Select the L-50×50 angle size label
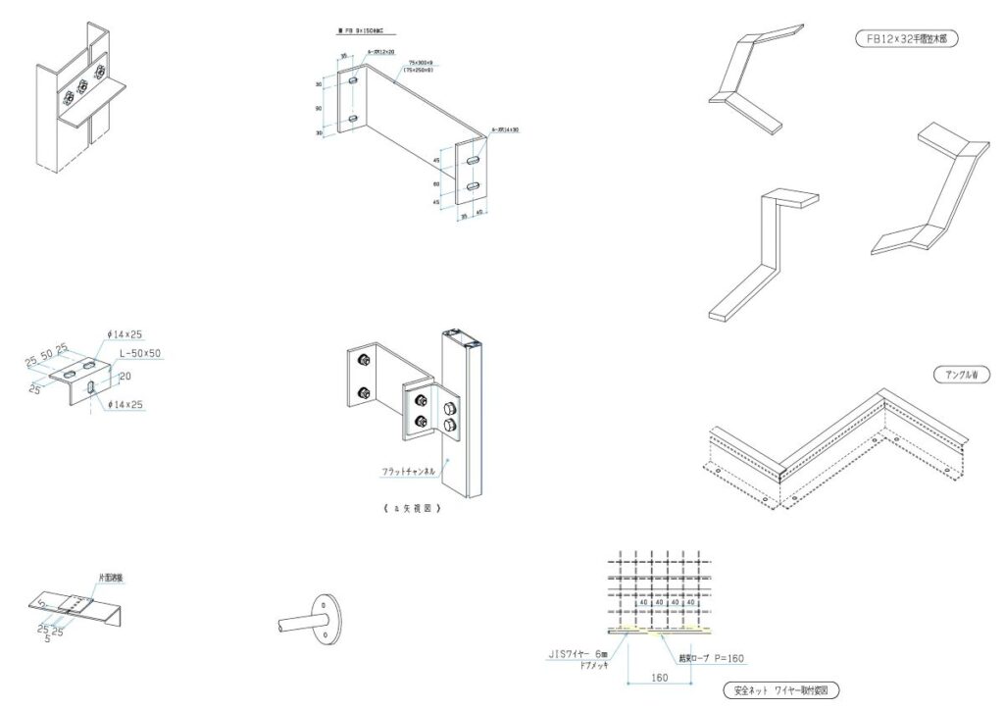[x=140, y=353]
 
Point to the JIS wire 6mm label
[x=577, y=653]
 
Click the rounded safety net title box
[x=779, y=690]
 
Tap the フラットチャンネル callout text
[x=409, y=472]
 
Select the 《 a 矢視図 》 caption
[x=409, y=509]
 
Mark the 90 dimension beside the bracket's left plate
[x=320, y=109]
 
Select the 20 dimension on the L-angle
[x=125, y=375]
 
